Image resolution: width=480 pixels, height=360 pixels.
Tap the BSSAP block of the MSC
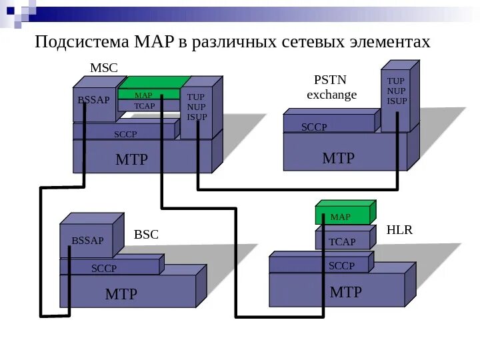click(93, 101)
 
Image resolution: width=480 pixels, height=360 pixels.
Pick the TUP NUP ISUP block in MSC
click(197, 108)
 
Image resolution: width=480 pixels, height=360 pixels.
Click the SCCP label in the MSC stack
click(125, 134)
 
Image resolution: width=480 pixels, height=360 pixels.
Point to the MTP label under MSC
click(131, 159)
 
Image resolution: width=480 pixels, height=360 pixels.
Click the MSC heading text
click(103, 69)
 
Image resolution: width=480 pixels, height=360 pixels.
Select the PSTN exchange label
click(331, 87)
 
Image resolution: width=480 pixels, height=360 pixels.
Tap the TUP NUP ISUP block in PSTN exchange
click(397, 92)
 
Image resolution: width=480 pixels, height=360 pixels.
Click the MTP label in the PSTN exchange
click(338, 158)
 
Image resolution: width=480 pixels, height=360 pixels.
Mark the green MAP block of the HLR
click(341, 216)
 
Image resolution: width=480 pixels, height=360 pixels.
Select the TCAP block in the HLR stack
click(342, 241)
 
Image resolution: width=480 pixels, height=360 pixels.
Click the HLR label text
click(399, 230)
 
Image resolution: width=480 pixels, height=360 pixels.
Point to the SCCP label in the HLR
click(341, 266)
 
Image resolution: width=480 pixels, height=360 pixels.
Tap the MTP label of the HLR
click(345, 292)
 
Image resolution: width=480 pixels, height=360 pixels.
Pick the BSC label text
click(146, 235)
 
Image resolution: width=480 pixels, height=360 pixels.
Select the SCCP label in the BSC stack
click(103, 268)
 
